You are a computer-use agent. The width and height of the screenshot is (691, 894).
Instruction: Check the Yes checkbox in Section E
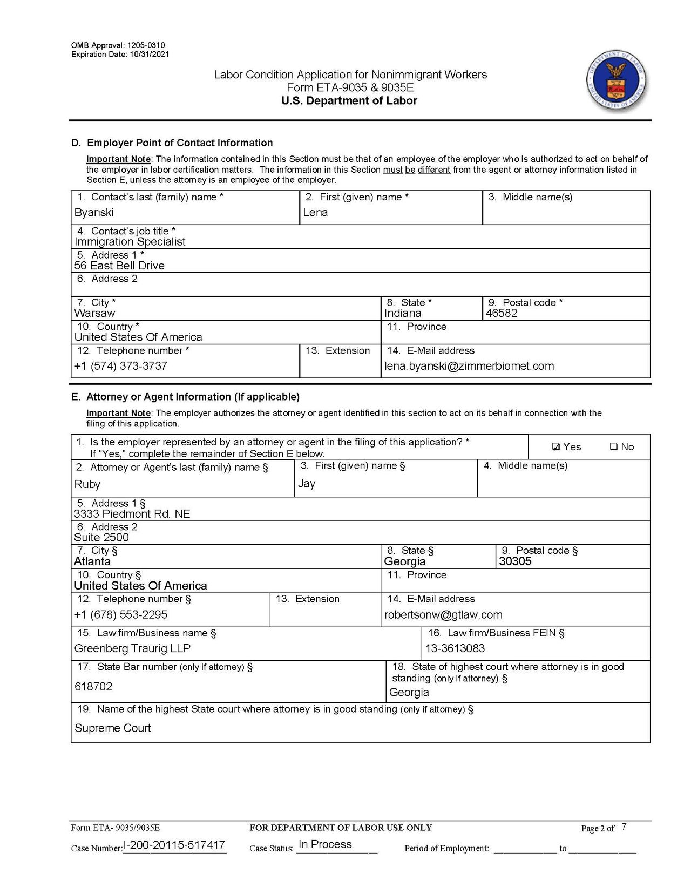click(x=556, y=447)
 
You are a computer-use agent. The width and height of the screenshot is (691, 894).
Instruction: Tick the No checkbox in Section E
click(x=613, y=447)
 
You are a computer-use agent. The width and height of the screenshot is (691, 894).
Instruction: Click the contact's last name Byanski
click(x=94, y=213)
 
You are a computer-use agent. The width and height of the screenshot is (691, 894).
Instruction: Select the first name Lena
click(x=315, y=213)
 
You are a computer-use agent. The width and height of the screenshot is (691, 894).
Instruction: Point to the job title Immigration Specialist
click(x=130, y=242)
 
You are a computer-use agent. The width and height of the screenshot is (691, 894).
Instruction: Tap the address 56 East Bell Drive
click(x=119, y=266)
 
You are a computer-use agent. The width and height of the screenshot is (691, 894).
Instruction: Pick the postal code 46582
click(x=502, y=313)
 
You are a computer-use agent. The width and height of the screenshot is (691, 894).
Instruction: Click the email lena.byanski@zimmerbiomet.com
click(x=469, y=366)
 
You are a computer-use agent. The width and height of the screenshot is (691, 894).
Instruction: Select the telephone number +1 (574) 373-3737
click(x=121, y=366)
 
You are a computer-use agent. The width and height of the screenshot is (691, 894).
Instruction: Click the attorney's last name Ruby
click(x=87, y=484)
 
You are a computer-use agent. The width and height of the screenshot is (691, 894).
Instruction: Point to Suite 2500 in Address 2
click(x=101, y=538)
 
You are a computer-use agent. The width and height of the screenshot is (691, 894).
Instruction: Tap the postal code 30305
click(x=515, y=561)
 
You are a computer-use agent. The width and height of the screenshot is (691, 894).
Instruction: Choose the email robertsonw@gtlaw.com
click(x=443, y=615)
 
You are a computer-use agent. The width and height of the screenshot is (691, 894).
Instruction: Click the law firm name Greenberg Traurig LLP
click(x=132, y=648)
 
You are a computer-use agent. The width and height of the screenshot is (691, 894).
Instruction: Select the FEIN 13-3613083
click(x=455, y=648)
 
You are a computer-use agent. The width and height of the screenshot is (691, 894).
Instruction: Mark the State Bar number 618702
click(x=93, y=687)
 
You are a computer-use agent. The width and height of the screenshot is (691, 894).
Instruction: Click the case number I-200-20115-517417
click(x=174, y=845)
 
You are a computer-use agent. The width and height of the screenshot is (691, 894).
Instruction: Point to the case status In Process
click(x=325, y=845)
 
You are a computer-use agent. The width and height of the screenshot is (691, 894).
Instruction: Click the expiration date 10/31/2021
click(x=150, y=54)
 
